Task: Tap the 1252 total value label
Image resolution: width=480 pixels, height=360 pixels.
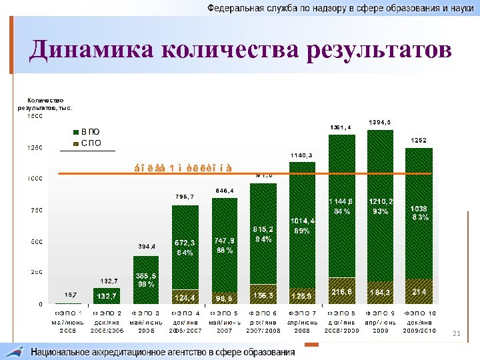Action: coord(419,140)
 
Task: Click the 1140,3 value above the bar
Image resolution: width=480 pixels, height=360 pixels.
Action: coord(301,155)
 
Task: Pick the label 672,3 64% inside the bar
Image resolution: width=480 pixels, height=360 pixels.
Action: coord(185,247)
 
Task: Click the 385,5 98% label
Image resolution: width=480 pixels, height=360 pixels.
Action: coord(146,279)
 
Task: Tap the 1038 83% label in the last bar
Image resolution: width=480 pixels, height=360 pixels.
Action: coord(419,213)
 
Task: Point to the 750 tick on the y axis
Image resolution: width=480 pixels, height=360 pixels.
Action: coord(34,210)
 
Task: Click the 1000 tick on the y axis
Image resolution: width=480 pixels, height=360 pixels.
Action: coord(33,179)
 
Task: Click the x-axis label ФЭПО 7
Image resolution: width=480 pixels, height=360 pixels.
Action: coord(301,321)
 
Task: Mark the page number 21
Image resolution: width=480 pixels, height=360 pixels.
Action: coord(457,333)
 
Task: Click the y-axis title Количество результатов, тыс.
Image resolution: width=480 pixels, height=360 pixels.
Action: coord(43,103)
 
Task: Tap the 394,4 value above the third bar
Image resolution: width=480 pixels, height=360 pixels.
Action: coord(146,246)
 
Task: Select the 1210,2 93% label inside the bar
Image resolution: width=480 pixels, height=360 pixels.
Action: coord(381,205)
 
